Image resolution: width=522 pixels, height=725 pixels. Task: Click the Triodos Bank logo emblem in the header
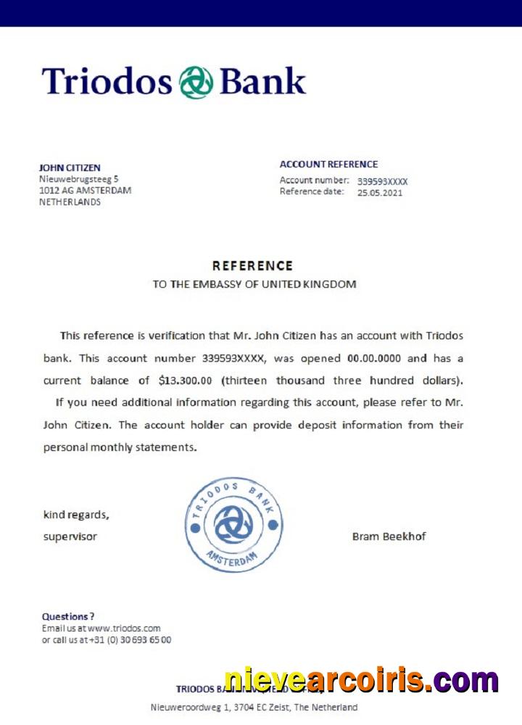(x=196, y=81)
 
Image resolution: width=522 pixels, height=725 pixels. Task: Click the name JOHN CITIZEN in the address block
(x=70, y=167)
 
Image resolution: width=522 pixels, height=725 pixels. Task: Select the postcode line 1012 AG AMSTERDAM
(x=85, y=190)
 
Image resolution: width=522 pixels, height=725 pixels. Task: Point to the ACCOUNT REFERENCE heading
(x=328, y=165)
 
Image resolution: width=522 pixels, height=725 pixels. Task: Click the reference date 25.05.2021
(x=379, y=193)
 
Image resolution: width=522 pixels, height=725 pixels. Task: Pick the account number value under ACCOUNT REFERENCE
(x=382, y=181)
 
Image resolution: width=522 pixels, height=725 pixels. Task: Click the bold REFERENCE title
(x=252, y=266)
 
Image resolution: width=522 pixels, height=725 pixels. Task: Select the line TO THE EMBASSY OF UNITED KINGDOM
(x=254, y=284)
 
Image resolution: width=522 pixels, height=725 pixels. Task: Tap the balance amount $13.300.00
(x=185, y=380)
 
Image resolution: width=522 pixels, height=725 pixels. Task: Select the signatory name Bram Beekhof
(x=389, y=536)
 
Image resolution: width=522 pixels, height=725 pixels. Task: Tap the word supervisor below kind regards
(x=70, y=536)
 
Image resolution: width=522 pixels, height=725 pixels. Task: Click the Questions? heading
(x=68, y=616)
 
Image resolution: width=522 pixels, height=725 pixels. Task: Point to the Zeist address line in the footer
(x=254, y=707)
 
